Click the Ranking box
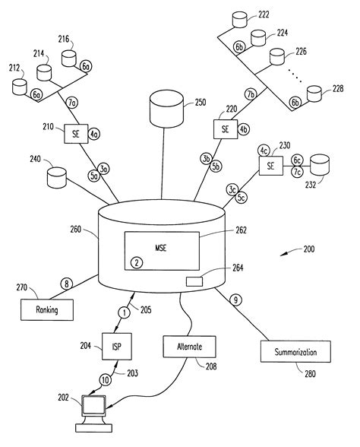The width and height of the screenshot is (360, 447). [x=47, y=309]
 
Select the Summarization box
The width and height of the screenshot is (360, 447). [x=295, y=351]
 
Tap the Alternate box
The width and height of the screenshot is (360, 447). [x=189, y=347]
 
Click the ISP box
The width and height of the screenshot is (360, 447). [x=117, y=347]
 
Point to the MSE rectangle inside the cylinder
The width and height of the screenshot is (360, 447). [x=162, y=251]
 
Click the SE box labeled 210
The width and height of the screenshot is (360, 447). [x=76, y=134]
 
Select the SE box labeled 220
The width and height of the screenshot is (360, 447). [x=226, y=129]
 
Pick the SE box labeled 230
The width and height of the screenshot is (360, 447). [x=271, y=166]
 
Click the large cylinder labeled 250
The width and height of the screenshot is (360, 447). [x=166, y=109]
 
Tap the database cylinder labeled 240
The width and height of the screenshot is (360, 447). [x=57, y=178]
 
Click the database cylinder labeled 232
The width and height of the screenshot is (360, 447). [x=320, y=165]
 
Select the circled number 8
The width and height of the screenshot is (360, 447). [x=67, y=284]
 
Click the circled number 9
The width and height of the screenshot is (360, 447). [x=235, y=300]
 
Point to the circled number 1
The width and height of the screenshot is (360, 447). [x=125, y=312]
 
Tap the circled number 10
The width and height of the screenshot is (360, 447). [x=106, y=380]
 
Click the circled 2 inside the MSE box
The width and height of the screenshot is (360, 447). [x=137, y=262]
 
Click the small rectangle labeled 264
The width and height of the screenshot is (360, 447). [x=194, y=281]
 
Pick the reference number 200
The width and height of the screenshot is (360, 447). [x=309, y=249]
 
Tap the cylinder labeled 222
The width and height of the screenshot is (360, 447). [x=239, y=20]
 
